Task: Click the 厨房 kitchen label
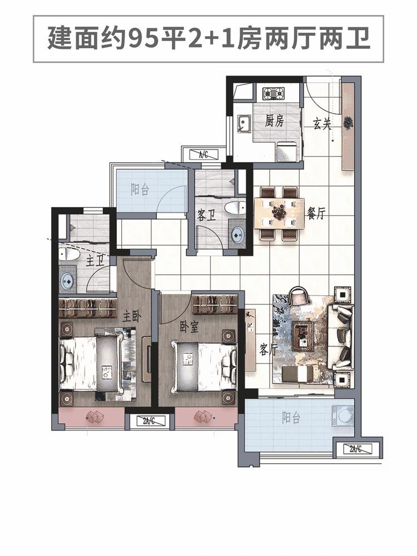274,121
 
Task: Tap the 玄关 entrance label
322,123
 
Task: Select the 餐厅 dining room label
316,213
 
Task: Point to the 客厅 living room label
268,349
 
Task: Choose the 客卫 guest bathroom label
206,215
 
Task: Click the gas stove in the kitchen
274,94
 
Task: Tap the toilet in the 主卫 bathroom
68,254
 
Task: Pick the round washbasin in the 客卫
237,234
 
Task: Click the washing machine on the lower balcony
343,415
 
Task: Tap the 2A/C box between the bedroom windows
148,421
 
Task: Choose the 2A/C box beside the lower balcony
356,449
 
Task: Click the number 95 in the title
141,39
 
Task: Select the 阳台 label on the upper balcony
140,190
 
